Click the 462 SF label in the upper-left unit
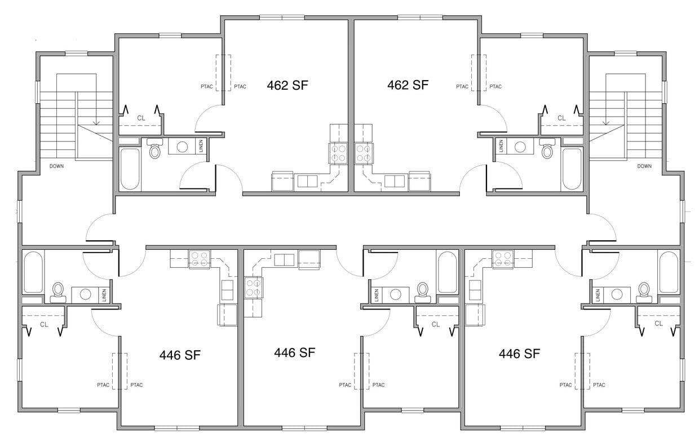coord(287,85)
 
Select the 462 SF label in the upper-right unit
coord(408,85)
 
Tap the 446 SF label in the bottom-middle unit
coord(294,353)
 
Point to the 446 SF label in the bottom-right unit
coord(519,354)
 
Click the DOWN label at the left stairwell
coord(56,166)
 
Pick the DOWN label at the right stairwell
coord(644,166)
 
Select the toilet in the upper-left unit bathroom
coord(154,149)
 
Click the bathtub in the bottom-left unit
coord(33,272)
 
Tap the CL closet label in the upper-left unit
coord(141,118)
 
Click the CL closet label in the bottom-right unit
coord(658,324)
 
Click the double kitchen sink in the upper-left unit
coord(307,181)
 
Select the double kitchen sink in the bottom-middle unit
coord(284,259)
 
